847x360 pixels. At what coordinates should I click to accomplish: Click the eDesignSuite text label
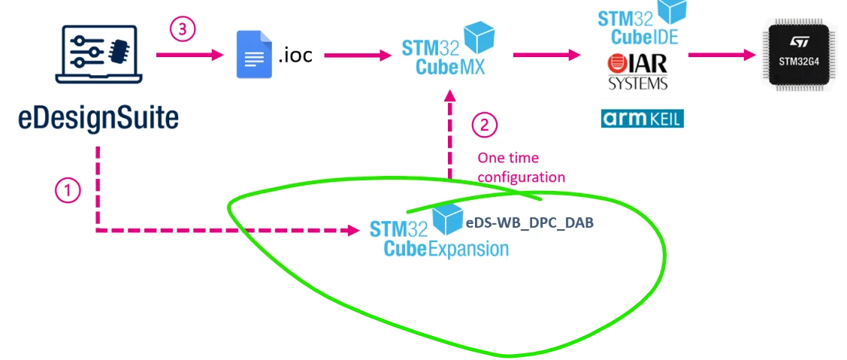pyautogui.click(x=98, y=119)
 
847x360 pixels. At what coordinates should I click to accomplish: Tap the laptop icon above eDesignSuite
pyautogui.click(x=99, y=55)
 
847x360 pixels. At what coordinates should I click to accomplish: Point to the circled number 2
pyautogui.click(x=485, y=126)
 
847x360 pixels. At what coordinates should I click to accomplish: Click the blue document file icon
pyautogui.click(x=255, y=55)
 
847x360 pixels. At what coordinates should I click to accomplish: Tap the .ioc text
pyautogui.click(x=295, y=55)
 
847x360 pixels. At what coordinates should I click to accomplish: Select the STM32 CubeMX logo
pyautogui.click(x=449, y=50)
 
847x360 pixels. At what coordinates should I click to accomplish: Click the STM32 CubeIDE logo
pyautogui.click(x=642, y=23)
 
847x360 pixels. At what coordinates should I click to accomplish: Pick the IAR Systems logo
pyautogui.click(x=637, y=71)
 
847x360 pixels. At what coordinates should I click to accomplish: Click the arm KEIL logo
pyautogui.click(x=643, y=119)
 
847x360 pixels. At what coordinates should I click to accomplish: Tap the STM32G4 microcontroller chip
pyautogui.click(x=799, y=55)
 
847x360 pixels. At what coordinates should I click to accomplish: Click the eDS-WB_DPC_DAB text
pyautogui.click(x=529, y=222)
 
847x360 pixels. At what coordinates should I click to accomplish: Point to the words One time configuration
pyautogui.click(x=522, y=168)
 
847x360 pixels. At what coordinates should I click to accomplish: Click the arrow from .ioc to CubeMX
pyautogui.click(x=358, y=55)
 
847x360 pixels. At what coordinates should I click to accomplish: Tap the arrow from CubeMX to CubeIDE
pyautogui.click(x=546, y=55)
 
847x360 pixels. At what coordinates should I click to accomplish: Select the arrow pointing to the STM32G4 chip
pyautogui.click(x=722, y=55)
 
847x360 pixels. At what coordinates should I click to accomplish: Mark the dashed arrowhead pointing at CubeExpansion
pyautogui.click(x=353, y=231)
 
